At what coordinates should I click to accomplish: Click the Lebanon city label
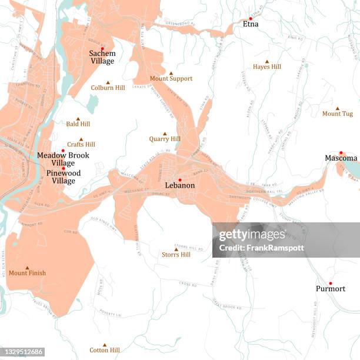(180, 185)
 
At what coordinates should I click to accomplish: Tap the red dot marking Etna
(251, 18)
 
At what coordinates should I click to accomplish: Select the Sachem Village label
(102, 57)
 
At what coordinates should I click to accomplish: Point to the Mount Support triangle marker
(171, 73)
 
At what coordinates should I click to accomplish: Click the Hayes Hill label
(267, 67)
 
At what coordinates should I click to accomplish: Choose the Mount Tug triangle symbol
(338, 108)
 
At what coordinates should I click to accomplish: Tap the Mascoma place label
(341, 158)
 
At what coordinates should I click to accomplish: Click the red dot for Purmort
(331, 283)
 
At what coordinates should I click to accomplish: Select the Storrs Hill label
(176, 255)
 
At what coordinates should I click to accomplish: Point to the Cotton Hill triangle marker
(105, 345)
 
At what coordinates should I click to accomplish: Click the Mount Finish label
(27, 273)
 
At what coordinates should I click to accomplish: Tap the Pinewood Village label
(64, 177)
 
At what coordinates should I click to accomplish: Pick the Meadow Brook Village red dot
(63, 150)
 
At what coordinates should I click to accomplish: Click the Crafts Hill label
(81, 145)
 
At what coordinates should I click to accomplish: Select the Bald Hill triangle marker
(78, 119)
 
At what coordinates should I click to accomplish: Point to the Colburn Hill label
(108, 88)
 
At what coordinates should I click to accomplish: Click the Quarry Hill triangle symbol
(165, 134)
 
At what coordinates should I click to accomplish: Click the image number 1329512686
(21, 352)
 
